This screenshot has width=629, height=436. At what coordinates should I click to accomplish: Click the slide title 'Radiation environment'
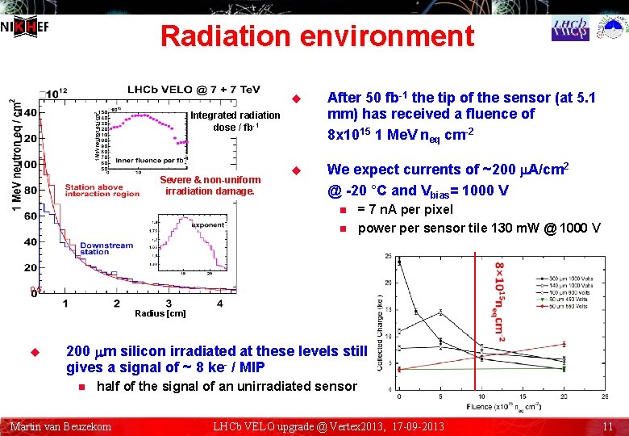click(317, 36)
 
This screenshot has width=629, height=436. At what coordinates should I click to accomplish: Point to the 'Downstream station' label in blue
click(106, 248)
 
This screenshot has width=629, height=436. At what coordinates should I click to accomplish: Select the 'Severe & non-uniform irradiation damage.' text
click(210, 186)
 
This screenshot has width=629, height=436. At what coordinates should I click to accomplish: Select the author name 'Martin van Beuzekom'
click(60, 426)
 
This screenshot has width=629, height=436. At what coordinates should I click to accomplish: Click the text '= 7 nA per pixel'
click(406, 210)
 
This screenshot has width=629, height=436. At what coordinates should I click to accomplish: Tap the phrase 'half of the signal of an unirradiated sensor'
click(226, 386)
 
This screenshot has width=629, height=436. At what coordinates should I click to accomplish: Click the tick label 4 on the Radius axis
click(219, 303)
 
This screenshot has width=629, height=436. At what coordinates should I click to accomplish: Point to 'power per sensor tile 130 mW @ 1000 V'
click(478, 228)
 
